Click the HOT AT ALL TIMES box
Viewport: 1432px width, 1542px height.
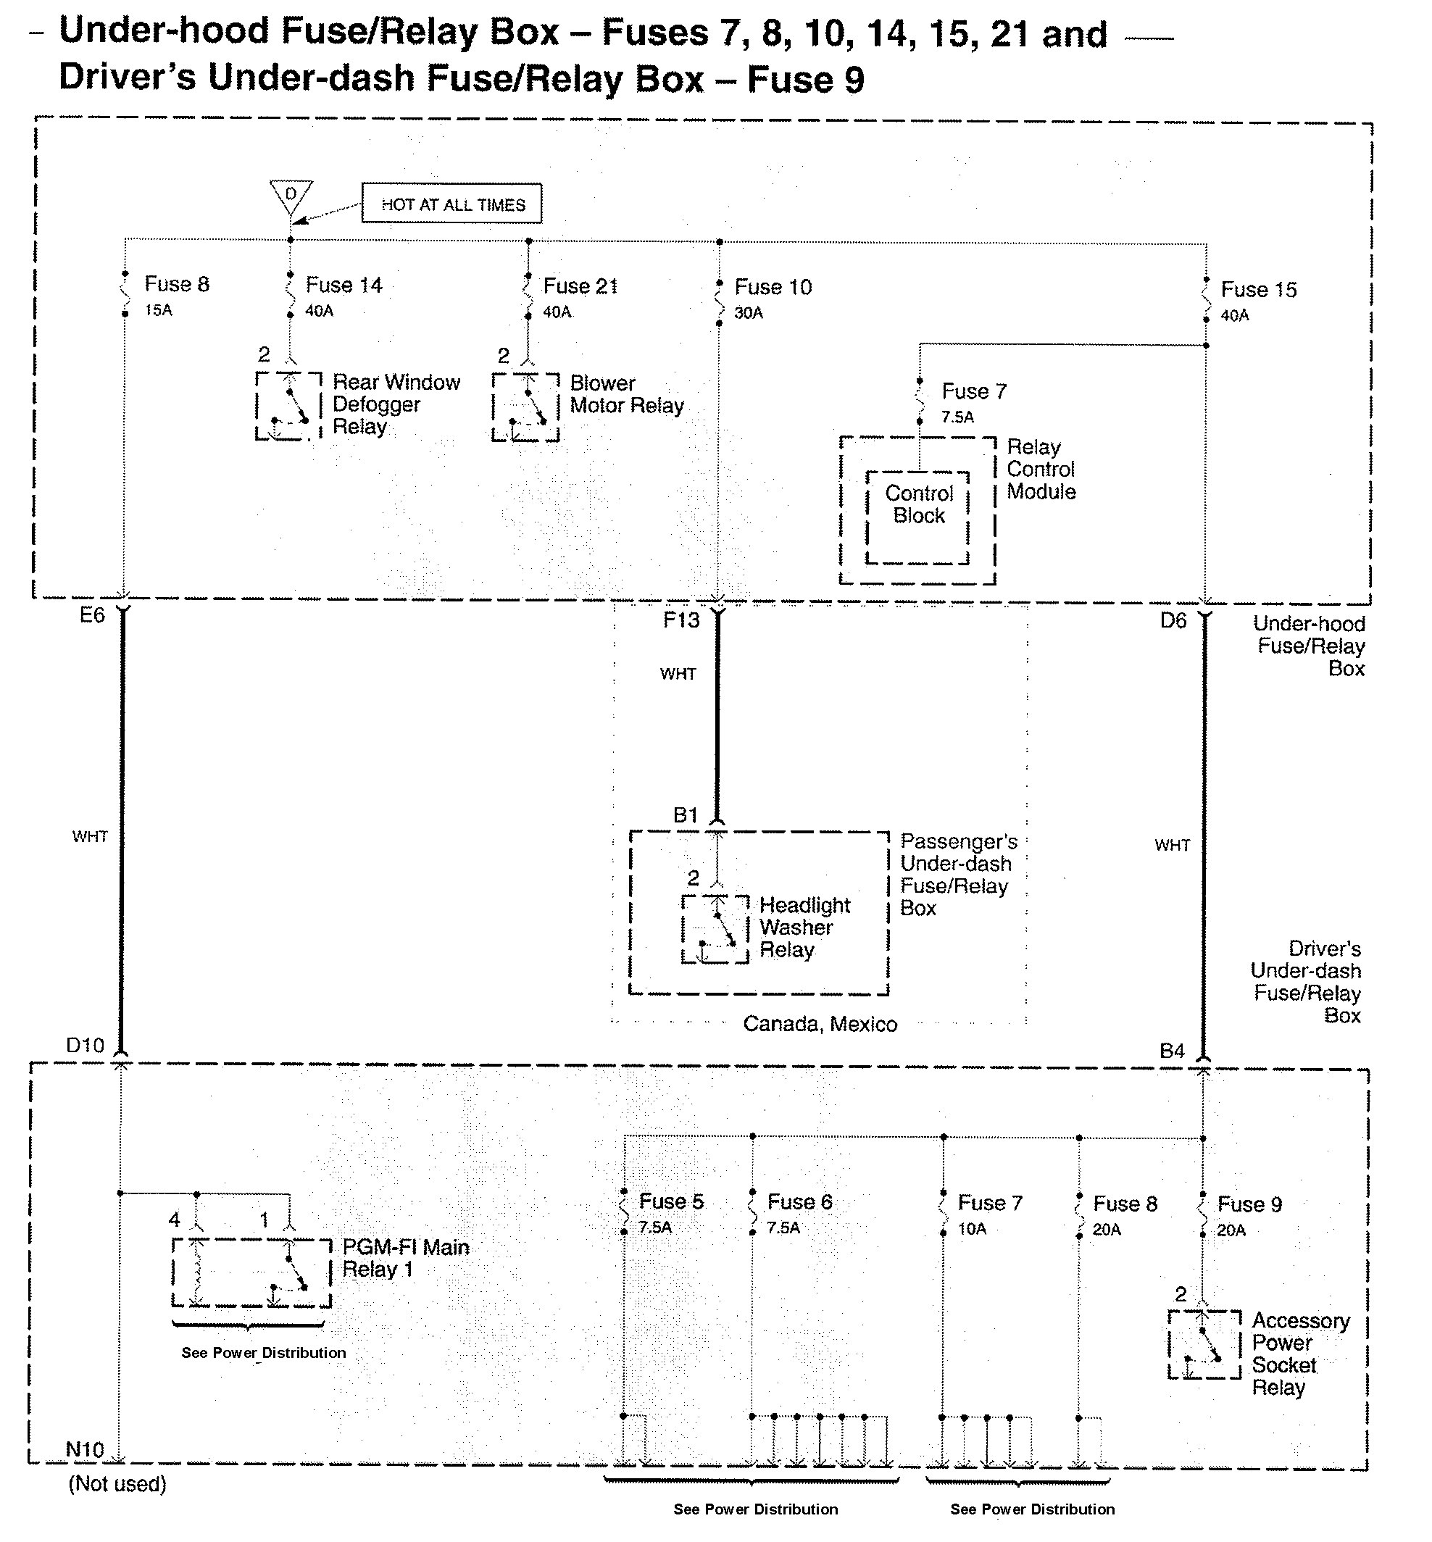(x=451, y=204)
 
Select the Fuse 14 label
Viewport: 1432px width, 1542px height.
(x=344, y=286)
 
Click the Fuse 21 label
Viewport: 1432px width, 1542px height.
(x=580, y=287)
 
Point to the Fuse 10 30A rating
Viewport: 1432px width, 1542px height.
(x=749, y=313)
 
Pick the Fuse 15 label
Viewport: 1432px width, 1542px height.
(x=1258, y=290)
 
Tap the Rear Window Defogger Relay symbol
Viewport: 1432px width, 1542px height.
(x=288, y=406)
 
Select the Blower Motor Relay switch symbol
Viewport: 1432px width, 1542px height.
(x=525, y=407)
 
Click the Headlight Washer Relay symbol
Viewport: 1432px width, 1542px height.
(x=715, y=928)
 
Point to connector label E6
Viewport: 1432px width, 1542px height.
(x=92, y=615)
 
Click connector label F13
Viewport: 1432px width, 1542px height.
(x=681, y=620)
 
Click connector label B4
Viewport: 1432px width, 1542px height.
(x=1173, y=1051)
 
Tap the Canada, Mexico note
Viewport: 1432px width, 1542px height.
(x=820, y=1025)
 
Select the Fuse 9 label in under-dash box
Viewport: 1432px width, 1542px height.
(x=1249, y=1204)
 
